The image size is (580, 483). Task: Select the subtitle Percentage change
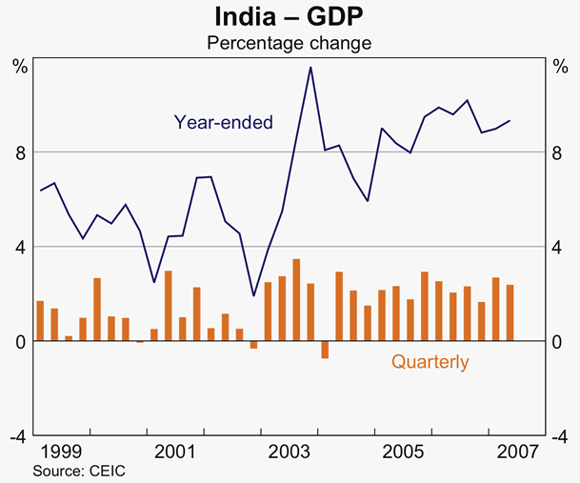tap(289, 43)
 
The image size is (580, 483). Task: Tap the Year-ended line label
tap(223, 122)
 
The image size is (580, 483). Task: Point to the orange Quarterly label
tap(430, 362)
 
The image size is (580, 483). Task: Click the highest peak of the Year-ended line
tap(310, 68)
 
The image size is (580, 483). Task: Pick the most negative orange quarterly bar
tap(325, 350)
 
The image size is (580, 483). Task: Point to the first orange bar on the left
tap(40, 320)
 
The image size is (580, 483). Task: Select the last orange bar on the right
tap(510, 312)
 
